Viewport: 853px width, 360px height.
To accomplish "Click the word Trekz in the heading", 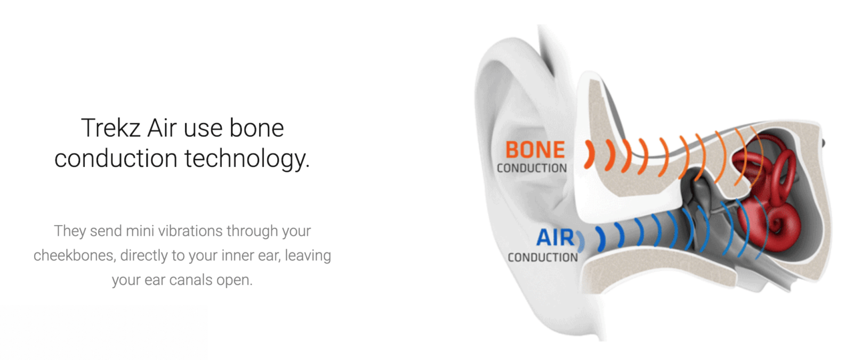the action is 111,128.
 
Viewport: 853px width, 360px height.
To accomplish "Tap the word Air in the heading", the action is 162,128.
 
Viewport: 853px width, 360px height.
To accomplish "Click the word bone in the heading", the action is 256,128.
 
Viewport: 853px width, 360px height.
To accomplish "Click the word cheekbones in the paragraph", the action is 74,255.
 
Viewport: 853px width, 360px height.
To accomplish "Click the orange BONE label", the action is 535,150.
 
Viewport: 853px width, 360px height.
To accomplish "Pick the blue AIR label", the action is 555,238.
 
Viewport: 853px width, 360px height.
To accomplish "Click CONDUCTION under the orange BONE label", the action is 532,168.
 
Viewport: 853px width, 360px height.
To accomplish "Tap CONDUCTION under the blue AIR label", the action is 543,258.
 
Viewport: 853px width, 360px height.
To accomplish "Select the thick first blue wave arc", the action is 602,239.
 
